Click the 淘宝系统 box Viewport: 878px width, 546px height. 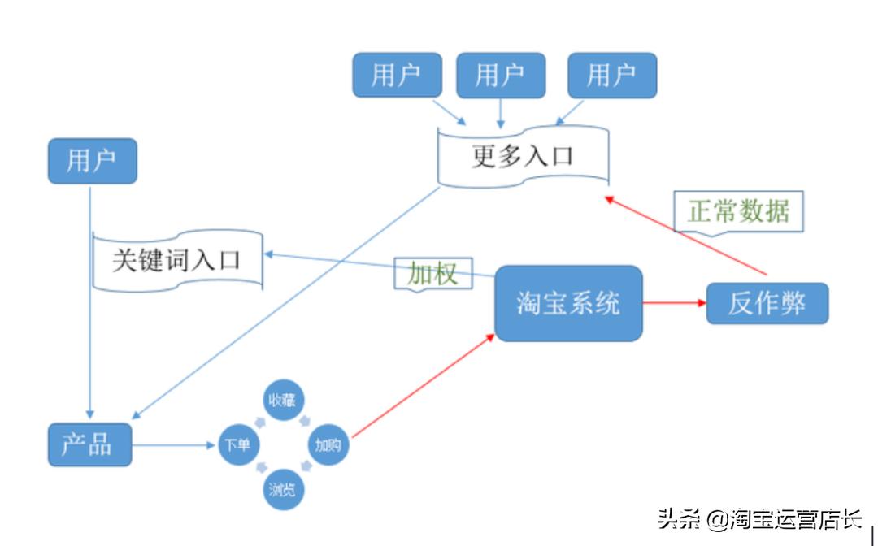tap(568, 303)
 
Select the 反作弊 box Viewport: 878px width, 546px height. tap(767, 303)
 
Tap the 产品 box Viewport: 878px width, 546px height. tap(89, 444)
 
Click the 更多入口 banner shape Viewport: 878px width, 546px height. tap(523, 156)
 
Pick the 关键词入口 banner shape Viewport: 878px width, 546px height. tap(177, 260)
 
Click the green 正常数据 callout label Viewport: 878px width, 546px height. tap(738, 211)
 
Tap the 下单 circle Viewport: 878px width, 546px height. tap(238, 445)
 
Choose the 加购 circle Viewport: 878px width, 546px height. tap(328, 445)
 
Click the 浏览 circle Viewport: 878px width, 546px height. tap(281, 489)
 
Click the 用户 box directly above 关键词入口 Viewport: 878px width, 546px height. tap(92, 161)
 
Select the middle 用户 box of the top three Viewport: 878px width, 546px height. tap(499, 76)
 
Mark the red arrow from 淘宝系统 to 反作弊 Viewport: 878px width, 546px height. tap(674, 303)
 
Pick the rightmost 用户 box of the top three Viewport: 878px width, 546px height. tap(611, 76)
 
